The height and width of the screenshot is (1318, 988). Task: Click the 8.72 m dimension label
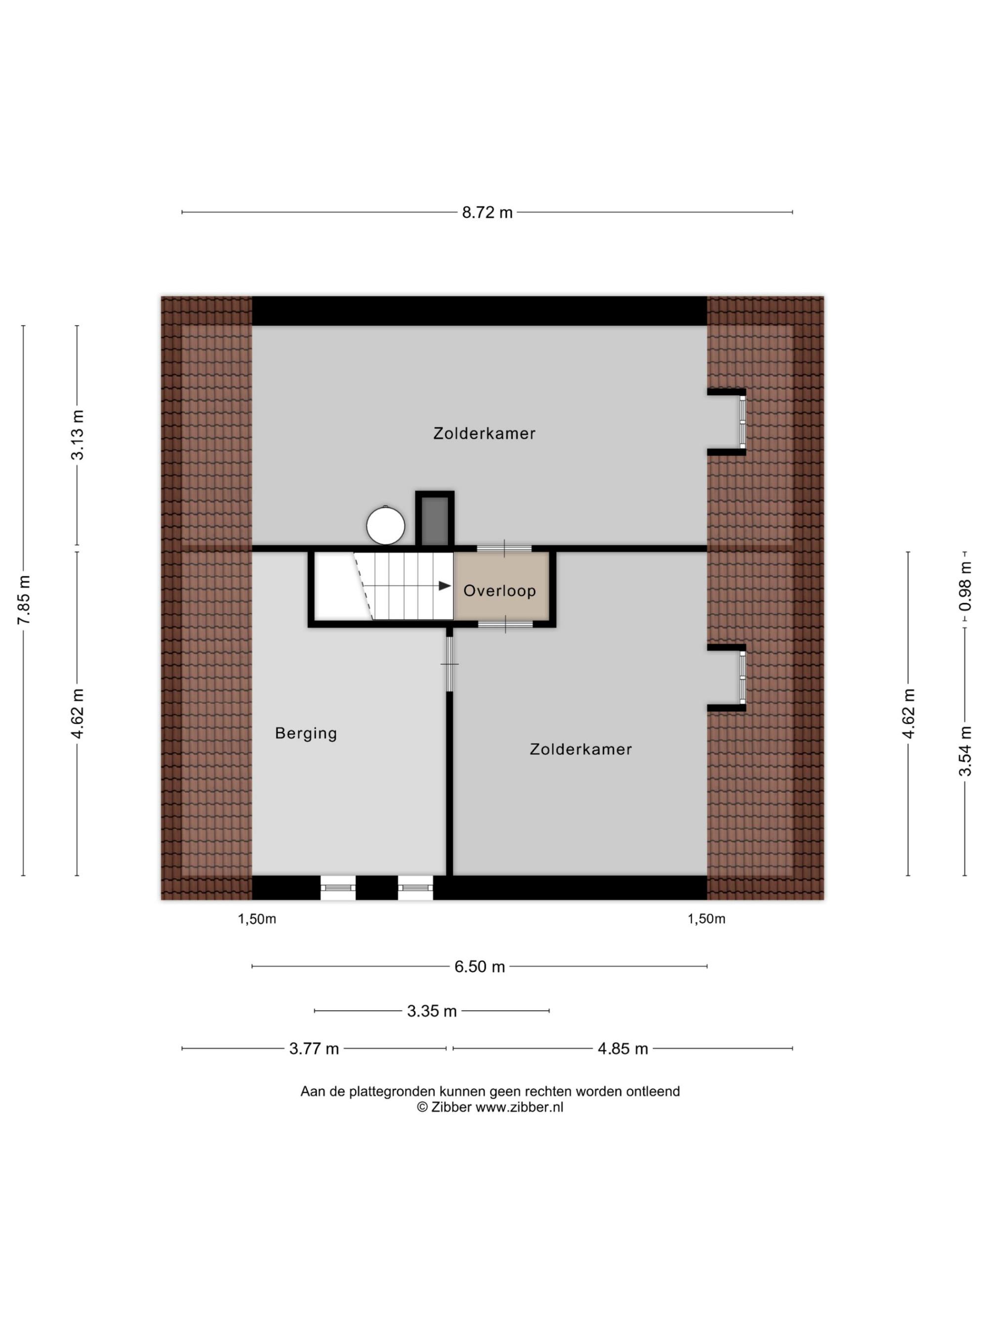(x=487, y=213)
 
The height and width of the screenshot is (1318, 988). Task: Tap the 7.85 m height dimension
(x=24, y=600)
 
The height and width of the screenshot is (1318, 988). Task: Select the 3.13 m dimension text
(x=78, y=435)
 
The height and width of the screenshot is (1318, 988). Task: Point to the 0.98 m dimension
(x=965, y=586)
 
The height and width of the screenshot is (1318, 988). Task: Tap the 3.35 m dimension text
(x=432, y=1011)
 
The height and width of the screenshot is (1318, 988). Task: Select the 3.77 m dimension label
(x=314, y=1049)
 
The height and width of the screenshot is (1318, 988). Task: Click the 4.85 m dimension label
(x=622, y=1049)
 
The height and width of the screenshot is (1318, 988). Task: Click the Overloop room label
(x=499, y=591)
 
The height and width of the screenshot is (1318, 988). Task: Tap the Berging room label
(x=306, y=733)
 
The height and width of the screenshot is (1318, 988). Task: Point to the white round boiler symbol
(x=385, y=525)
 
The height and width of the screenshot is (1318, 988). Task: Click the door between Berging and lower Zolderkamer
(x=450, y=664)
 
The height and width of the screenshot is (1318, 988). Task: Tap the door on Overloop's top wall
(x=504, y=549)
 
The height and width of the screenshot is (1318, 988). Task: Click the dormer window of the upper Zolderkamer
(x=742, y=422)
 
